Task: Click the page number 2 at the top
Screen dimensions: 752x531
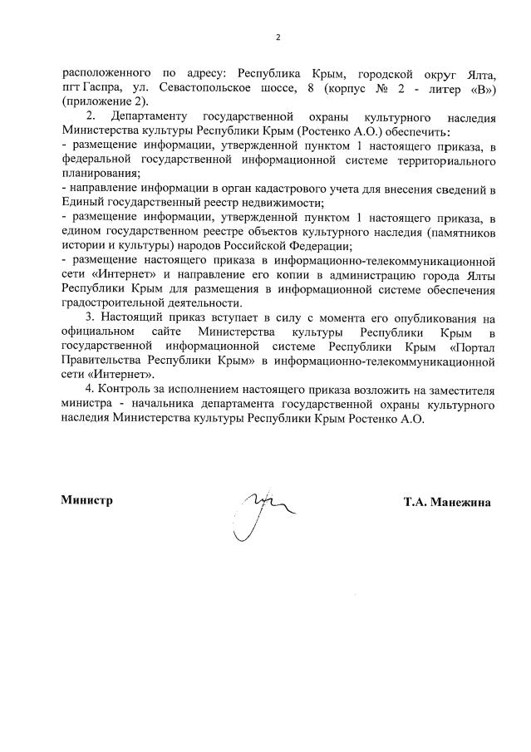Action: [x=278, y=37]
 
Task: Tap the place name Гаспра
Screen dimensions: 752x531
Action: [x=103, y=87]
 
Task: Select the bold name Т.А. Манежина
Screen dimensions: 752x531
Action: [x=447, y=502]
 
